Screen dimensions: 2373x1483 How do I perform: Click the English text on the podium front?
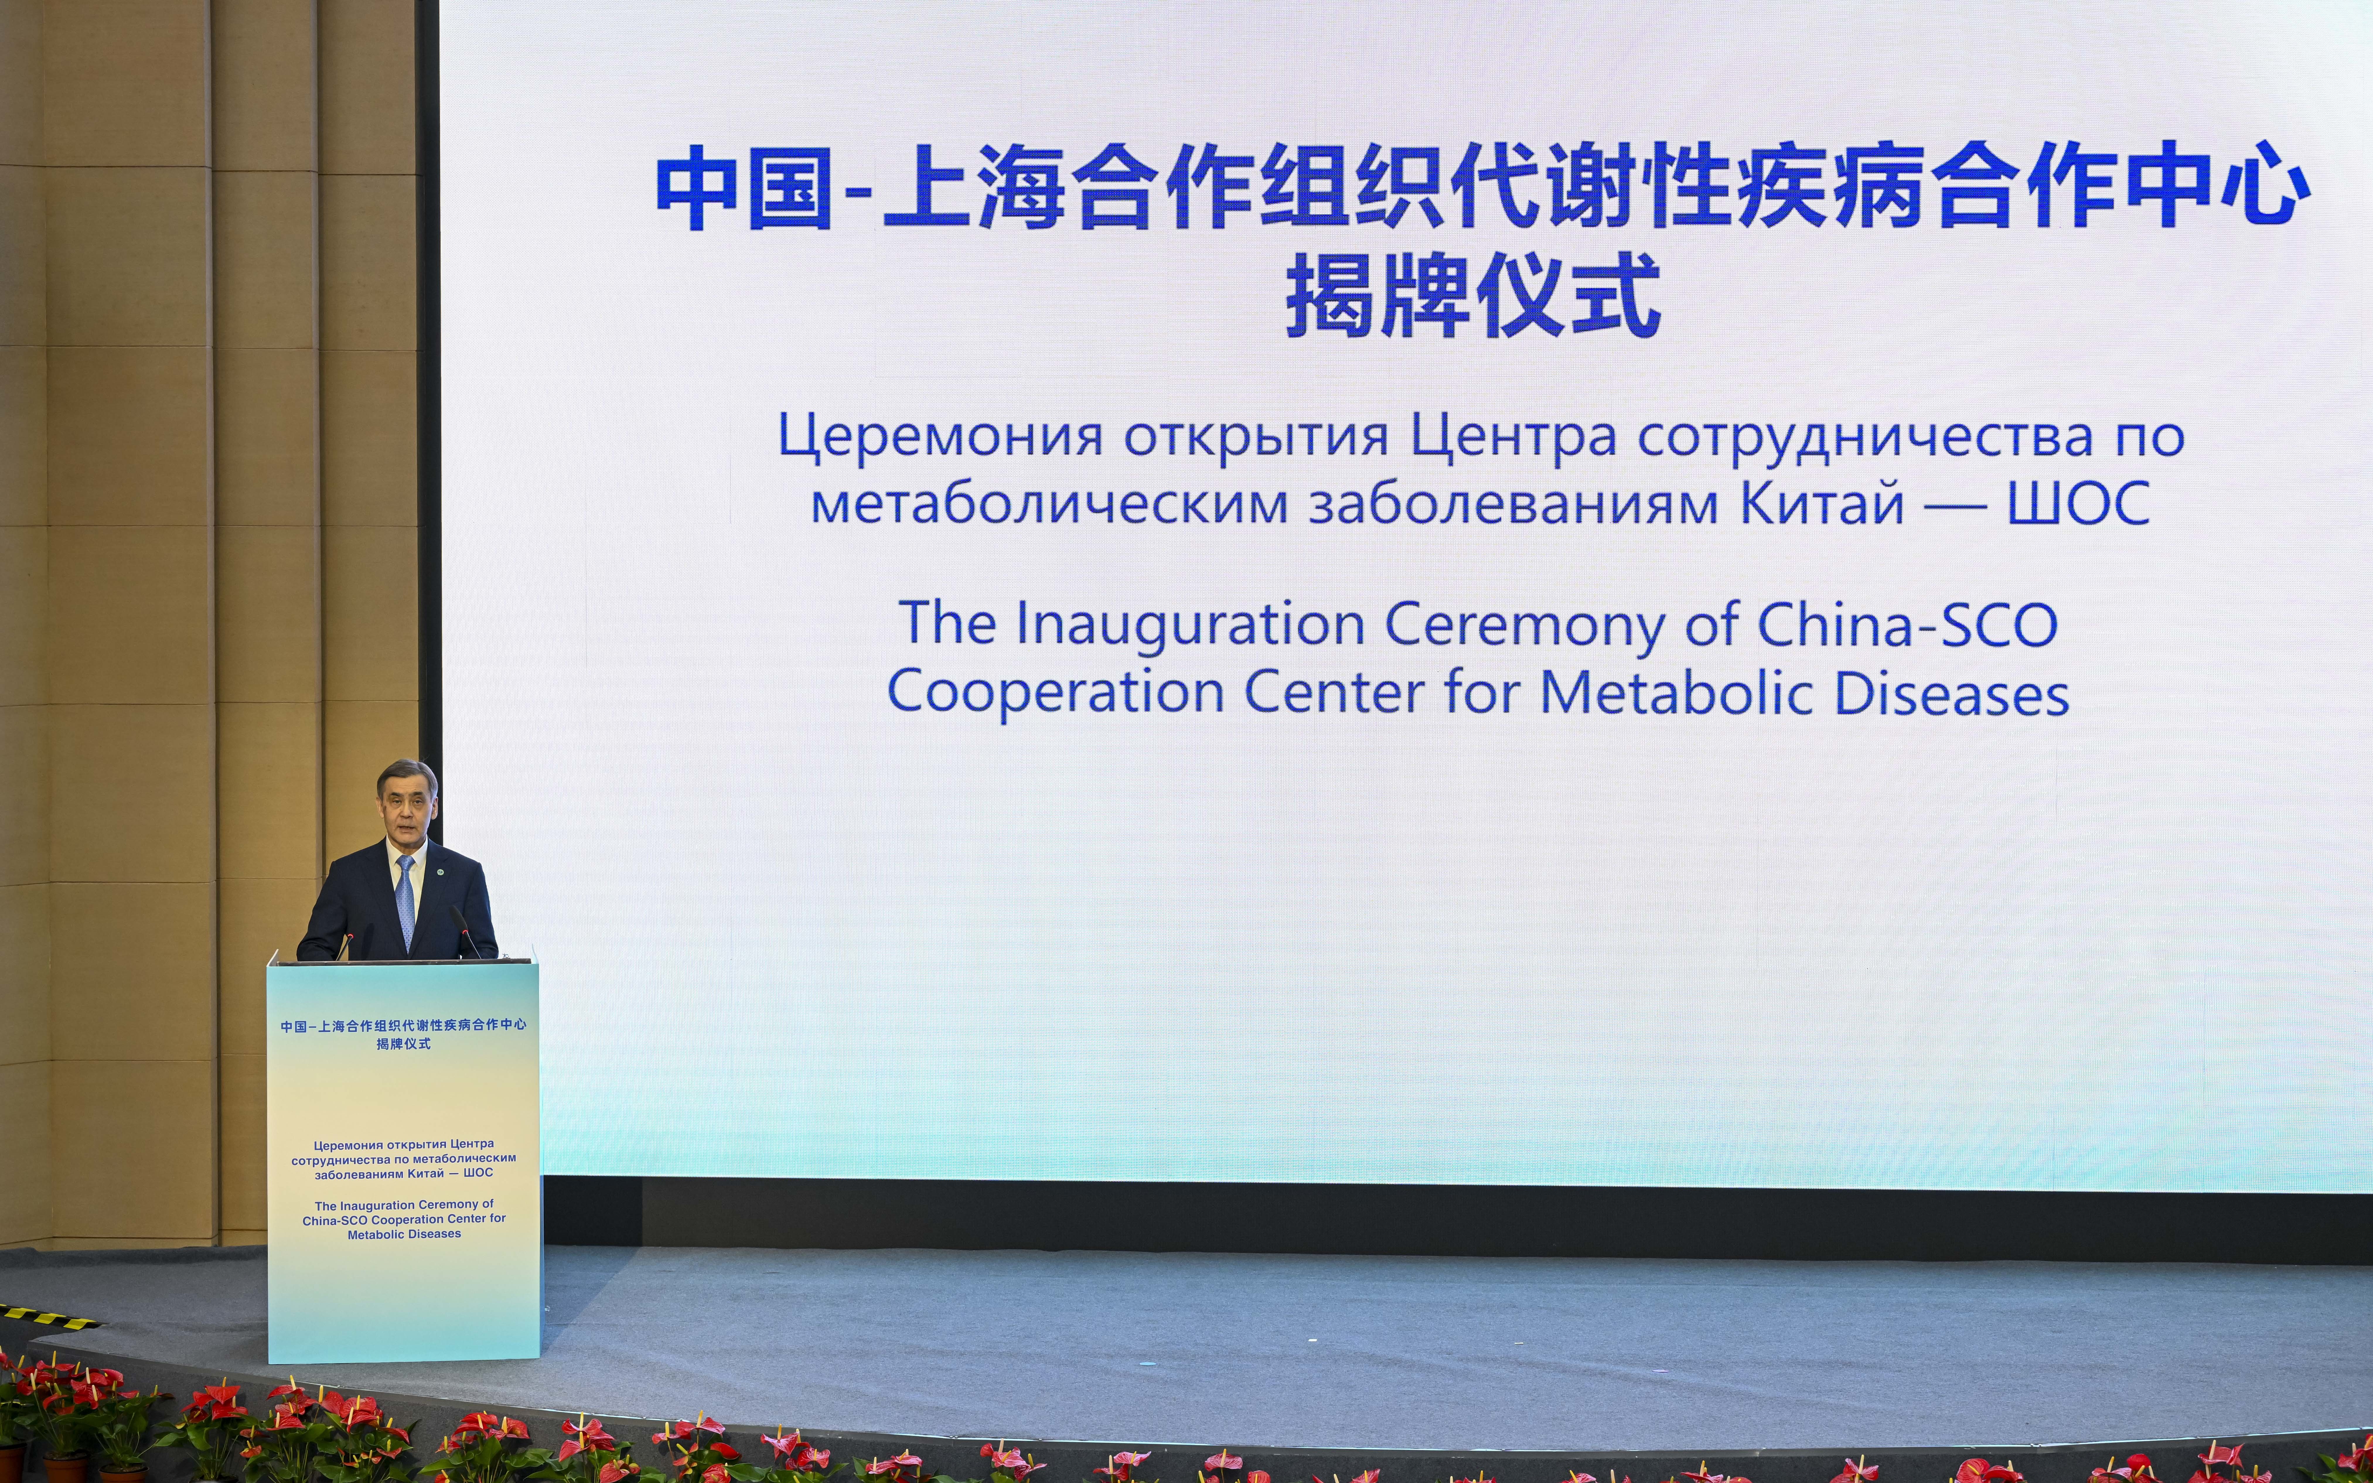[404, 1219]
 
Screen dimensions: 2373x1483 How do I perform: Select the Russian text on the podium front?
[404, 1158]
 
